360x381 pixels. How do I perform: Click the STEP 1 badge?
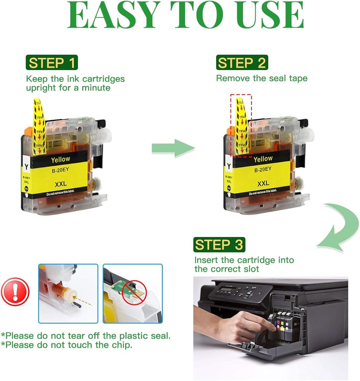point(51,63)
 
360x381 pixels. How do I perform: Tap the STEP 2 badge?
point(242,63)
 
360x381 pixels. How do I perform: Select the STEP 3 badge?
point(219,245)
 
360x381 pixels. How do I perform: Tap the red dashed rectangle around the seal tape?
point(241,126)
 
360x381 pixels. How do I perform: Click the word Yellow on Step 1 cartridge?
point(61,159)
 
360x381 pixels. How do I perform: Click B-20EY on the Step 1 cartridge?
point(61,171)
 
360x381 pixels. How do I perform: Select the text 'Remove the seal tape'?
point(261,78)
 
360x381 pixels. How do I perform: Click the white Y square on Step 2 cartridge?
point(228,166)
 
